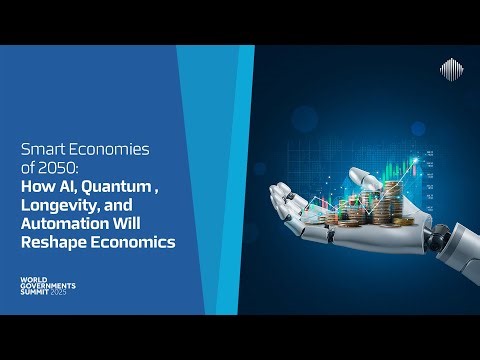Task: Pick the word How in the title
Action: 36,187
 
